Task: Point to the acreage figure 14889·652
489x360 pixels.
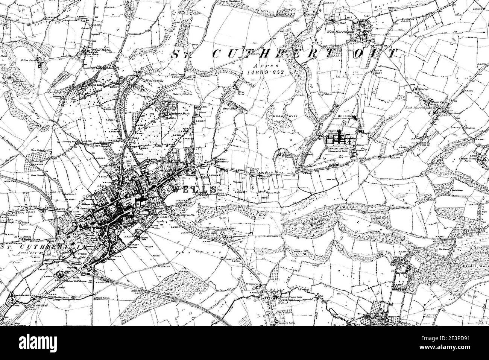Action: click(265, 71)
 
